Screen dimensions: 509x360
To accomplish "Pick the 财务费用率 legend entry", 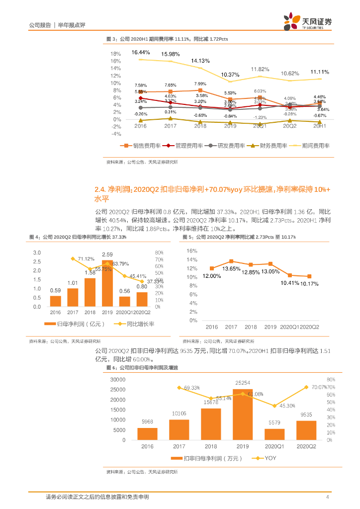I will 268,146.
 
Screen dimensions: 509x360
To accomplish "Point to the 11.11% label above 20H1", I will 320,72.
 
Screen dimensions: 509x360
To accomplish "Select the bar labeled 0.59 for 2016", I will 56,301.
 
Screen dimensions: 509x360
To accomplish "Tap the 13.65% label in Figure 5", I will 231,268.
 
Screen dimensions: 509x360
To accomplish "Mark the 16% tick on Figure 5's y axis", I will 192,252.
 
